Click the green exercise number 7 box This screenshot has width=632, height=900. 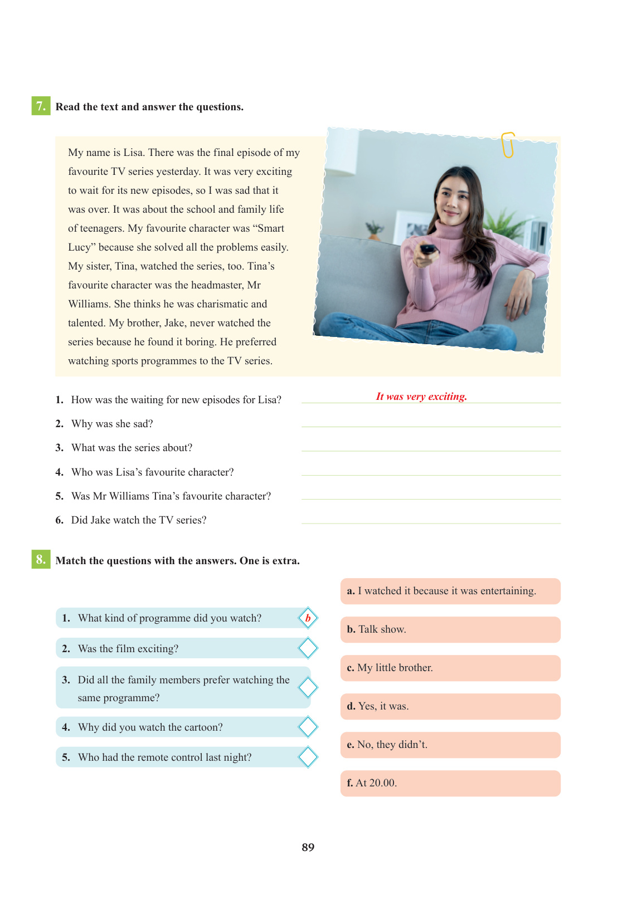[41, 106]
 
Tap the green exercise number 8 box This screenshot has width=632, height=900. [41, 559]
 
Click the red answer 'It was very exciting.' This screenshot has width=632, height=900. [421, 397]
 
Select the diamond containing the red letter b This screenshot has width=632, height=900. [308, 618]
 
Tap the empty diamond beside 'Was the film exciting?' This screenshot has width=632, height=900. [308, 648]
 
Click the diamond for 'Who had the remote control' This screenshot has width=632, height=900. [308, 757]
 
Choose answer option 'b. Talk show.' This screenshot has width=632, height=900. [450, 629]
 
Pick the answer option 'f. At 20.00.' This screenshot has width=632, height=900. [450, 783]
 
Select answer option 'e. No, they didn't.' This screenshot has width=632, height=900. [450, 745]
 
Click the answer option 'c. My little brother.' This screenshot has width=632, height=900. [450, 668]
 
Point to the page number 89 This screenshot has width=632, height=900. [308, 847]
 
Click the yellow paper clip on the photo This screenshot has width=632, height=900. [508, 145]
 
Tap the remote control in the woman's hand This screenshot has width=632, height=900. [428, 250]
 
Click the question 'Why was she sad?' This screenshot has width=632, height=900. [112, 424]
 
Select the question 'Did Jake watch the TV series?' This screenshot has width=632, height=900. [139, 520]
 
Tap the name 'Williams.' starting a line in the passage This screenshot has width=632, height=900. [89, 304]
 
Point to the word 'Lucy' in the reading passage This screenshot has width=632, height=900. [79, 247]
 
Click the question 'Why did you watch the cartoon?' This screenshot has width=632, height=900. [150, 727]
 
